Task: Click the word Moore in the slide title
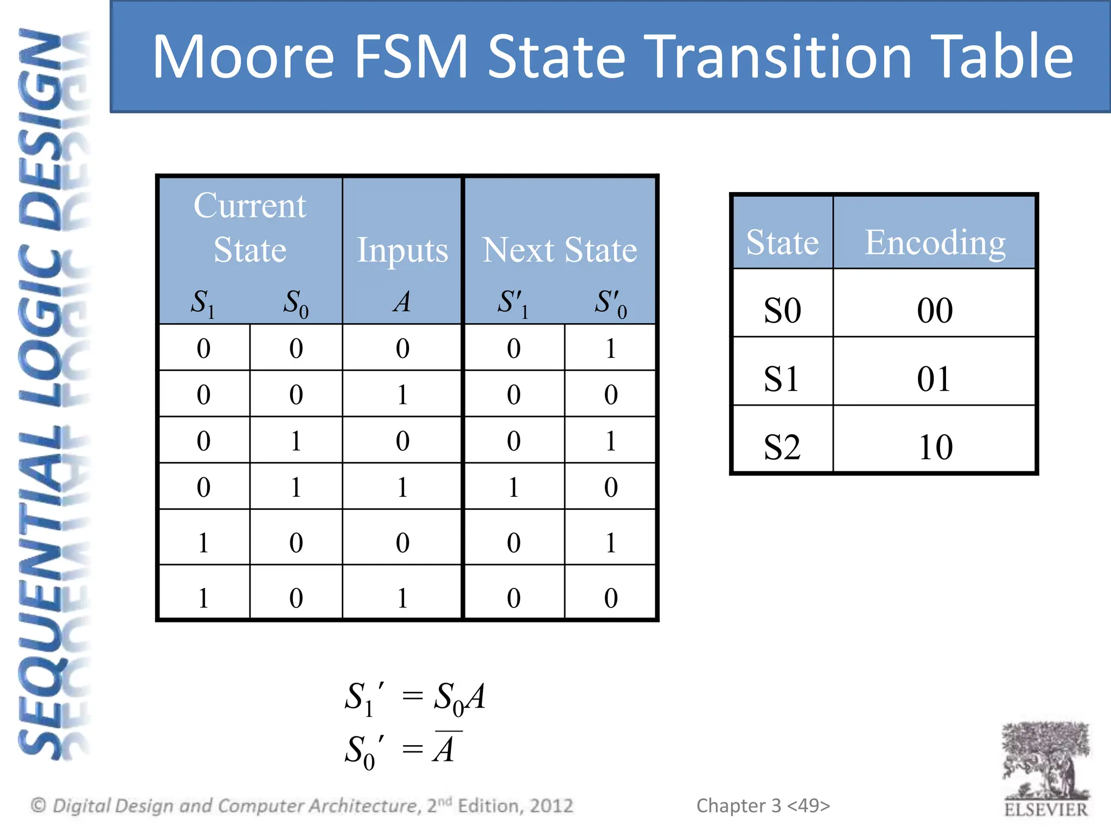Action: tap(243, 57)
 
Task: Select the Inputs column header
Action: tap(402, 251)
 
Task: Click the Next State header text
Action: tap(559, 251)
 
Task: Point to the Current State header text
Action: tap(250, 228)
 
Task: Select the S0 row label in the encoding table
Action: tap(782, 310)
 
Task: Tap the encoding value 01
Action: tap(934, 379)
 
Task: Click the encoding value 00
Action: tap(935, 310)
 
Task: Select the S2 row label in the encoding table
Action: tap(782, 447)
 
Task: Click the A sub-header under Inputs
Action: tap(402, 302)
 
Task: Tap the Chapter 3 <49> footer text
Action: tap(763, 806)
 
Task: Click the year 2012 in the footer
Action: tap(551, 806)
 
